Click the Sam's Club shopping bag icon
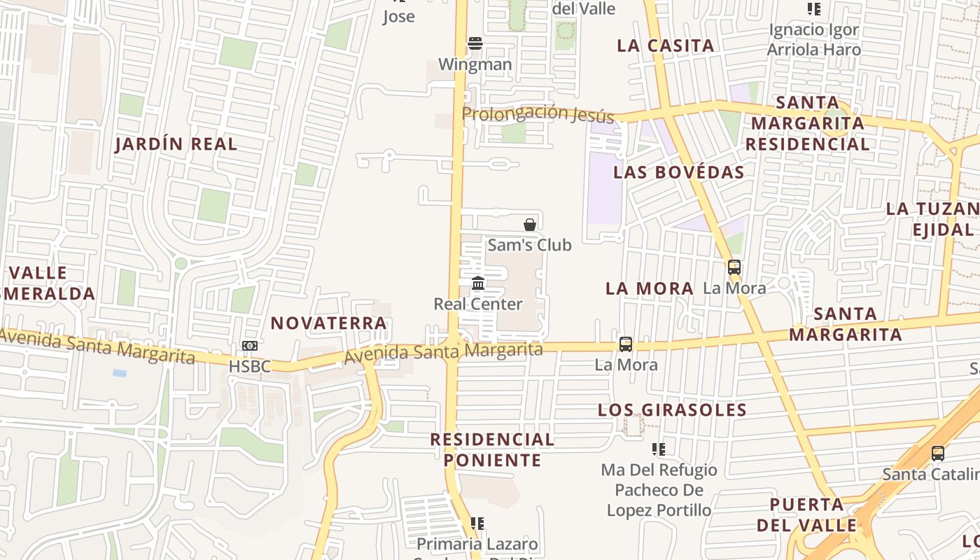pos(530,225)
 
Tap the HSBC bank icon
pos(249,346)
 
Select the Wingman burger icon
pos(475,43)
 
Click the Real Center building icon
pos(478,283)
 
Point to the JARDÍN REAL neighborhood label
pos(176,144)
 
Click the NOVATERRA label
pos(328,323)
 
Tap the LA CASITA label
pos(666,46)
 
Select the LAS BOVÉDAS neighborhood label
pos(678,172)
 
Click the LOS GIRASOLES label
pos(672,410)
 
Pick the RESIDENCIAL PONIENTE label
pos(492,450)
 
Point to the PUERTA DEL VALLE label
pos(806,515)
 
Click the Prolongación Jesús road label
pos(538,114)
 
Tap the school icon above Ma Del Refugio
pos(658,449)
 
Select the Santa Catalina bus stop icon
pos(937,454)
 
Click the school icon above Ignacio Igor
pos(813,9)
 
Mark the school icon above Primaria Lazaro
pos(477,524)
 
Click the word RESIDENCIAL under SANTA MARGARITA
pos(806,144)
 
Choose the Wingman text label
pos(475,64)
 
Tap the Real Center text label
pos(478,304)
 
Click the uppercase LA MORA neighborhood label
pos(649,288)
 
